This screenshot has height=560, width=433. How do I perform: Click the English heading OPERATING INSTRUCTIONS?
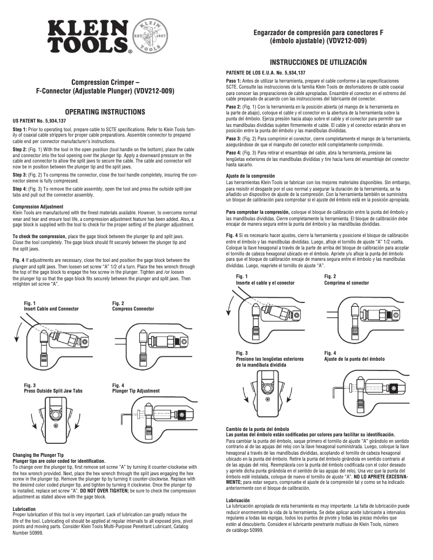click(x=109, y=112)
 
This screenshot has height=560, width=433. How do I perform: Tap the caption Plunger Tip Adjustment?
click(x=136, y=390)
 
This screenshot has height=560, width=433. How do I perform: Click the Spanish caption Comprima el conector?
click(x=347, y=282)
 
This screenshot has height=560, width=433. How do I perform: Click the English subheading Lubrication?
click(x=24, y=509)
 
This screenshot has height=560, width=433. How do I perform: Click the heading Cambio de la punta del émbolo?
click(x=258, y=428)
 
